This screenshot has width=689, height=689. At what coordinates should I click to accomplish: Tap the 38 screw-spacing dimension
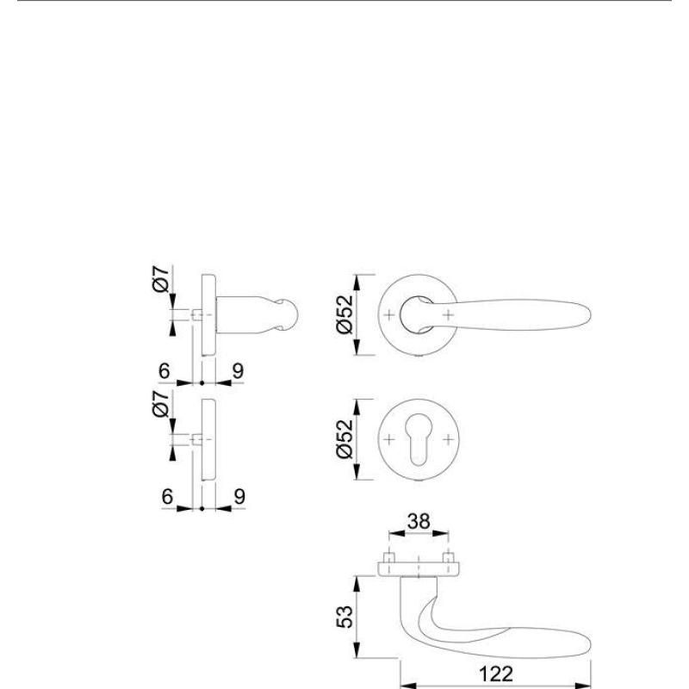point(419,522)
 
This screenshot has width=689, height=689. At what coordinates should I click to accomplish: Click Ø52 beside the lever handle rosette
point(344,316)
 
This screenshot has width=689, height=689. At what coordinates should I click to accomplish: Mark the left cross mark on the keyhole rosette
point(389,441)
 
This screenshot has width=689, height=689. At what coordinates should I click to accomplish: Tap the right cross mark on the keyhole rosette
point(448,441)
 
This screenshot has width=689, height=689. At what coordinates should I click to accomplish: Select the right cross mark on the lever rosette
point(448,315)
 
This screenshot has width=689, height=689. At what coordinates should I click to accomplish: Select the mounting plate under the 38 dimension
point(419,567)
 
